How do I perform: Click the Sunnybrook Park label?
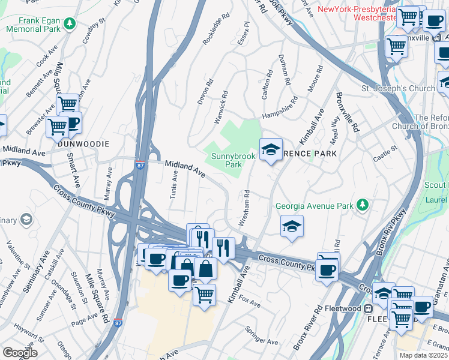tap(234, 160)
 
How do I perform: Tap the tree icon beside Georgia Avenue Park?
tap(362, 206)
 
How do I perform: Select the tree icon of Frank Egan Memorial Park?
tap(70, 23)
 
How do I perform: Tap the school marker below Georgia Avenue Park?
tap(292, 226)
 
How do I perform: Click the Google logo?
tap(20, 353)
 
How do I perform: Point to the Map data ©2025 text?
tap(422, 355)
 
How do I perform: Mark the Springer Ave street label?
tap(261, 335)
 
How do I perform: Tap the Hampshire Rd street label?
tap(280, 109)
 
